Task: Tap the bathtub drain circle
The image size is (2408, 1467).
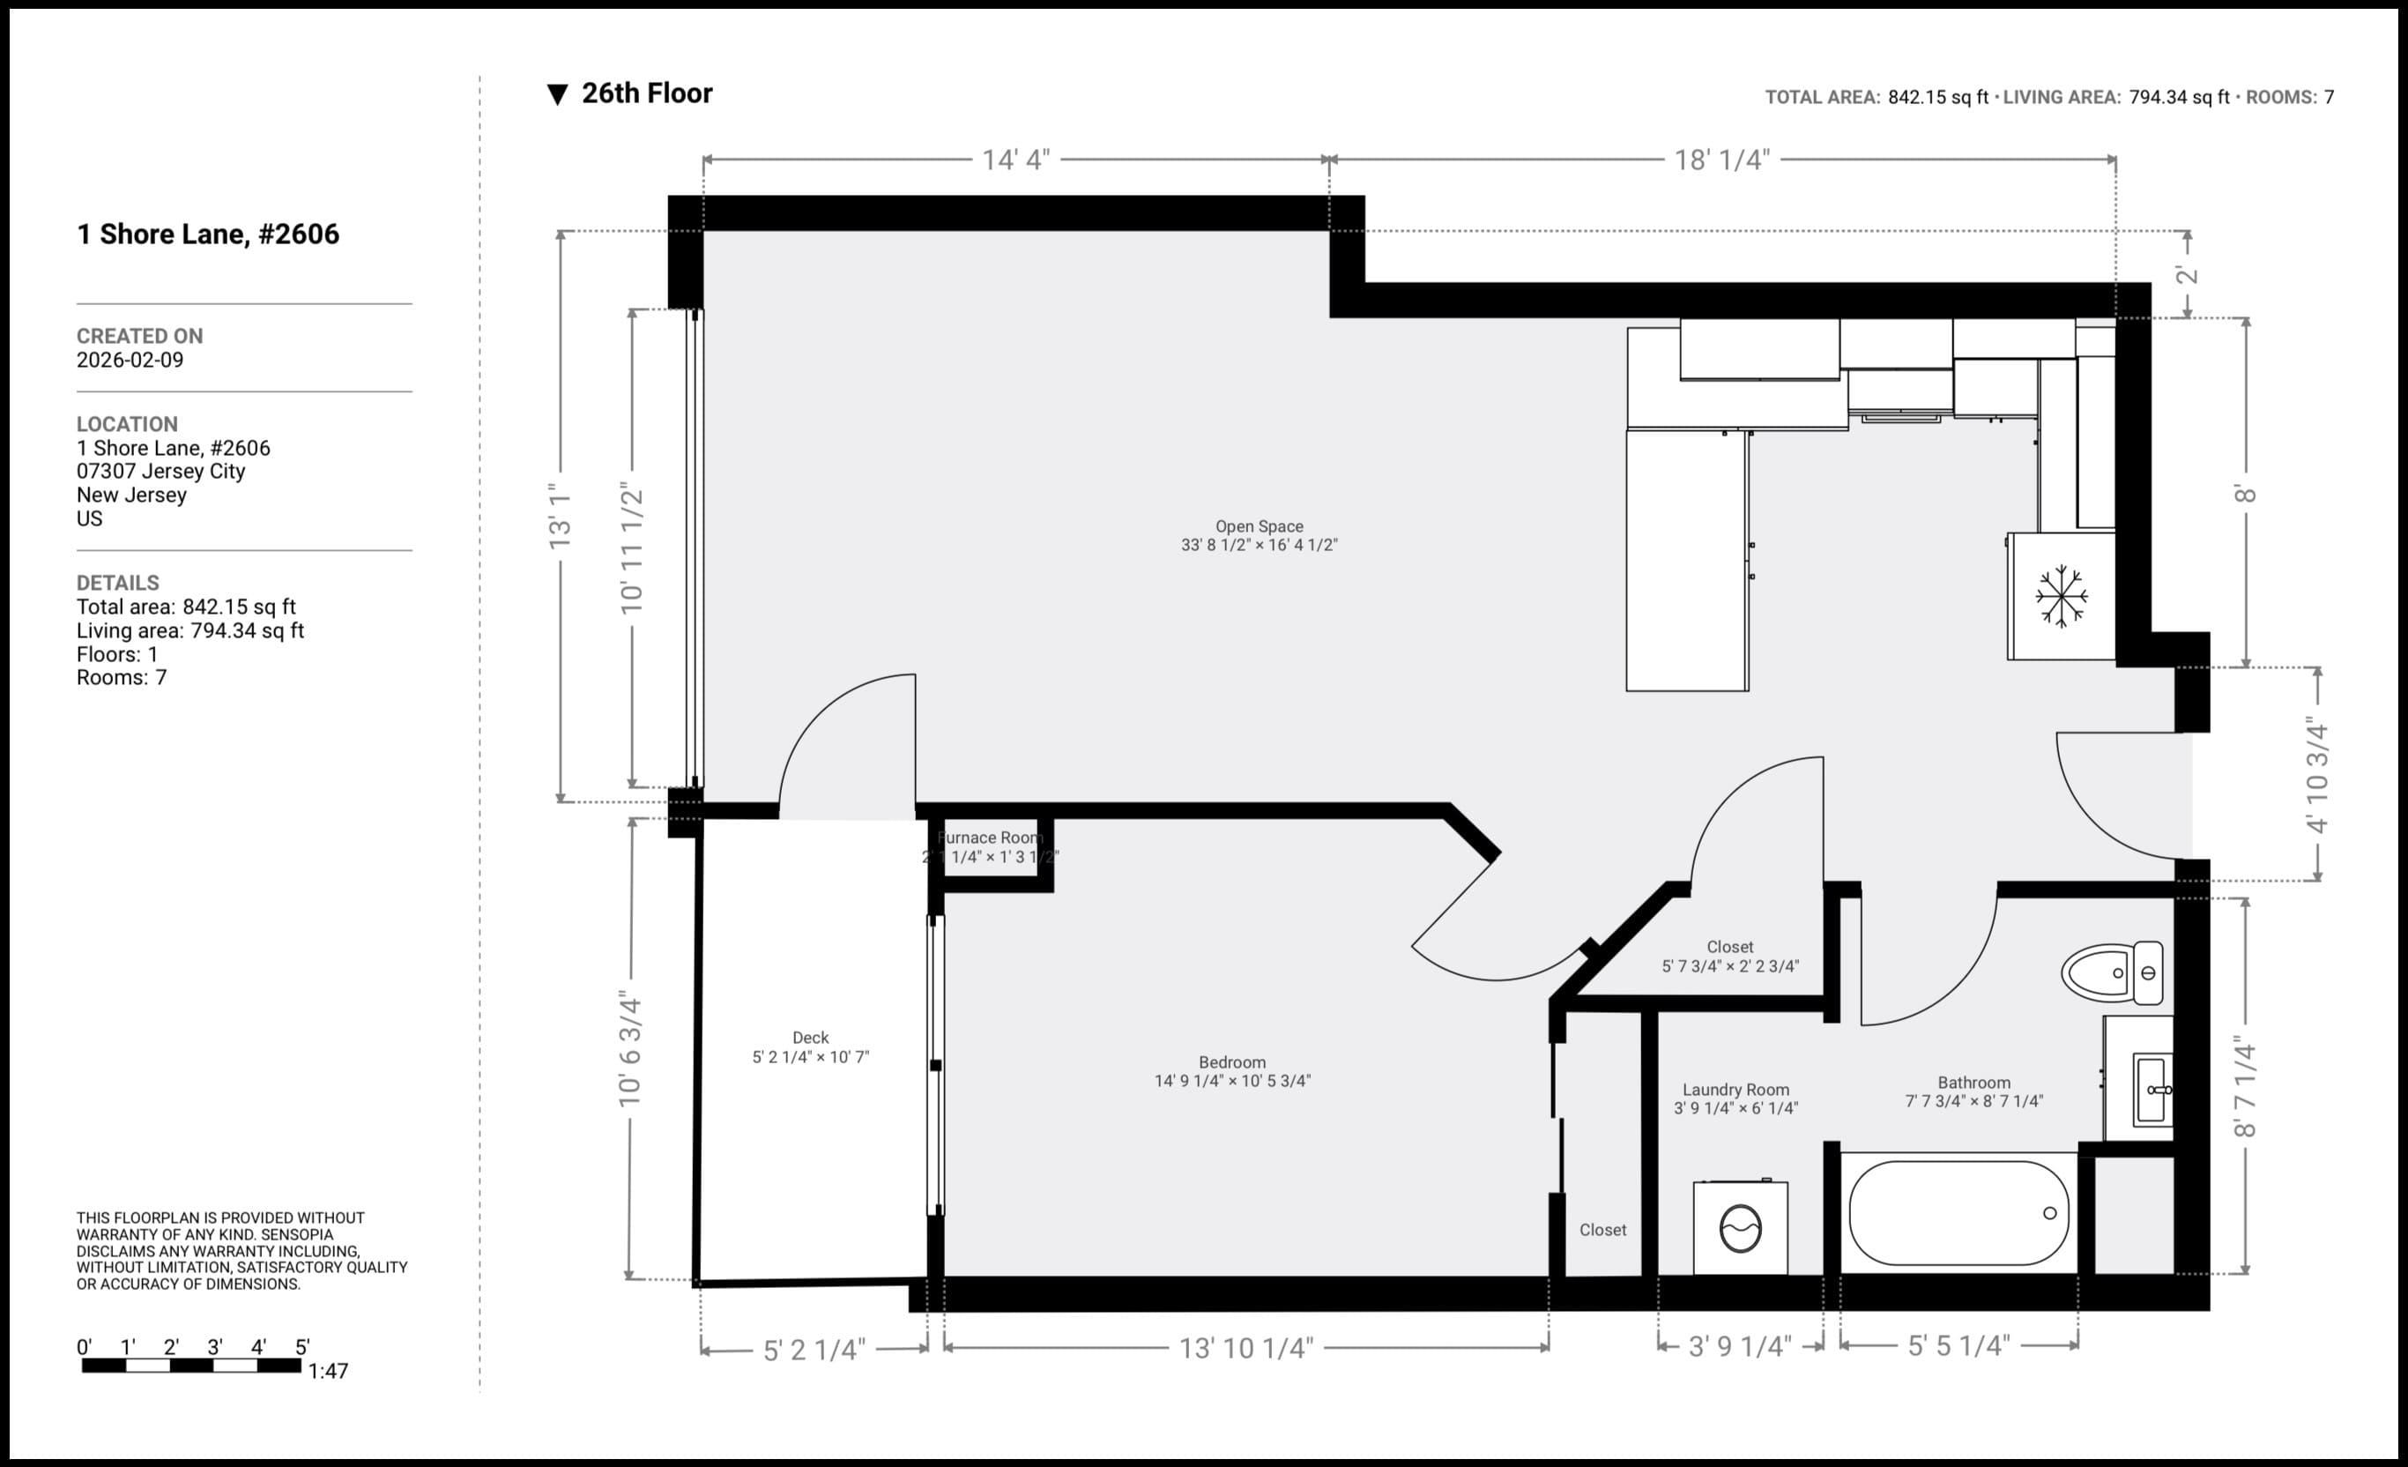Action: click(2049, 1213)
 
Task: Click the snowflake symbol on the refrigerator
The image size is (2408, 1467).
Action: click(2061, 595)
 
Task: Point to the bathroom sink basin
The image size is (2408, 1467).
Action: click(2151, 1089)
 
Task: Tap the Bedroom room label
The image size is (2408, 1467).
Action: click(1231, 1071)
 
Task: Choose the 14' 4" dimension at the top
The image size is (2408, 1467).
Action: click(1015, 160)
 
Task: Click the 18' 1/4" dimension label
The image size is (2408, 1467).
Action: click(1722, 160)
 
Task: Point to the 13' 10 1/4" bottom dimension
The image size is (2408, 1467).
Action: click(1246, 1349)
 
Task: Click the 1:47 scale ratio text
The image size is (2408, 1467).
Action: click(329, 1371)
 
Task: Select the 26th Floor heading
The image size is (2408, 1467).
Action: click(647, 93)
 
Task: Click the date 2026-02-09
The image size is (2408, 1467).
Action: click(130, 360)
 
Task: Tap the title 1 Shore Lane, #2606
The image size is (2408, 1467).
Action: click(208, 235)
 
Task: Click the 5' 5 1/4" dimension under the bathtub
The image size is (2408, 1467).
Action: click(1958, 1346)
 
